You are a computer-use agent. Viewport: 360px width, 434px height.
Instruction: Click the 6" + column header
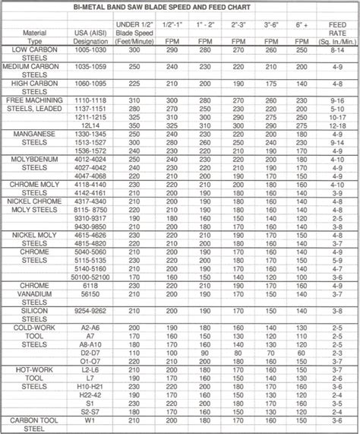pos(302,25)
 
